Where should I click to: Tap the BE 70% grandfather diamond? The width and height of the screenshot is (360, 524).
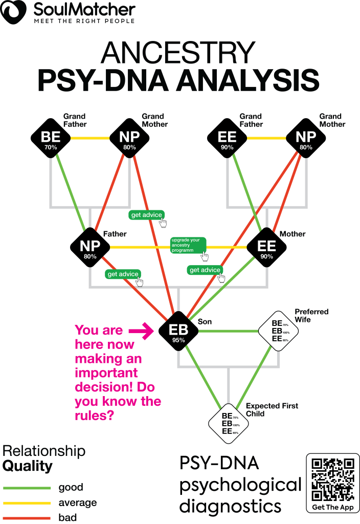point(51,138)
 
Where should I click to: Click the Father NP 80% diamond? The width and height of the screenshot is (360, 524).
point(91,248)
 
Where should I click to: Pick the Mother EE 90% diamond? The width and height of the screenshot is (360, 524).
point(266,248)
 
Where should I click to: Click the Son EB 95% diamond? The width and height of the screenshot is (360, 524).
point(178,331)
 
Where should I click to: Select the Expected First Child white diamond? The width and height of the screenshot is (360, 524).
point(228,423)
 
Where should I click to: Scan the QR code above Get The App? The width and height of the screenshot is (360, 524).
point(333,479)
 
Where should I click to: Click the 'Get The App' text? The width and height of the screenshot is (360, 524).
point(333,507)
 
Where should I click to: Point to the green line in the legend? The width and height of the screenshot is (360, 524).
point(27,488)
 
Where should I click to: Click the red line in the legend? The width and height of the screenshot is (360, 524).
point(27,518)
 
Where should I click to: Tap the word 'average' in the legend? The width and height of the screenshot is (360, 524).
point(77,503)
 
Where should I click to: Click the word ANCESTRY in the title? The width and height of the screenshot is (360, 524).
point(178,53)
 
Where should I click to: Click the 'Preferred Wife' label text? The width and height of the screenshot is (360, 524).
point(311,316)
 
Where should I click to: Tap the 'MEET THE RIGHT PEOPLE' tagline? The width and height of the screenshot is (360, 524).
point(84,21)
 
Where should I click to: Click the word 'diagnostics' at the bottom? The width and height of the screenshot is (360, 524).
point(230,506)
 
